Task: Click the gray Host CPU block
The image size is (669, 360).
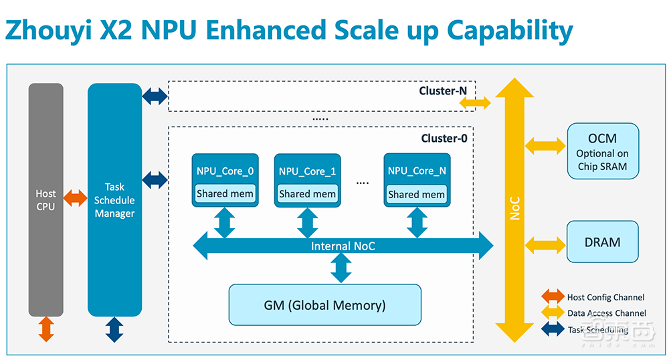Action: pos(45,199)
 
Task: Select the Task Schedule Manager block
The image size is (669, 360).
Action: pos(114,199)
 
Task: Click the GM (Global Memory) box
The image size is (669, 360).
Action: pos(324,305)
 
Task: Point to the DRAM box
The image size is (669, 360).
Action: pos(602,242)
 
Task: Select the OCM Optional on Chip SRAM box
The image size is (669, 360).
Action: pos(602,151)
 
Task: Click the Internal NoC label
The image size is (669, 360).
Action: pos(343,246)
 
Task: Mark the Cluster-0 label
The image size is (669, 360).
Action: pos(444,139)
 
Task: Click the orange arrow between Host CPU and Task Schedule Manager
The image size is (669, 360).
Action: pos(75,197)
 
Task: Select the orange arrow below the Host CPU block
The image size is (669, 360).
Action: pos(46,329)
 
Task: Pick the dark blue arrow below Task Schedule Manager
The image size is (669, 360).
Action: pos(114,329)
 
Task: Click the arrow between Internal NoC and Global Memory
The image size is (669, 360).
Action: pos(342,268)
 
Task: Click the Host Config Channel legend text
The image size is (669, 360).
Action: pos(606,297)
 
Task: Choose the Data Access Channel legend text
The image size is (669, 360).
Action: pos(607,313)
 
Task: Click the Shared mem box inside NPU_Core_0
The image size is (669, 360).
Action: pos(225,194)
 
